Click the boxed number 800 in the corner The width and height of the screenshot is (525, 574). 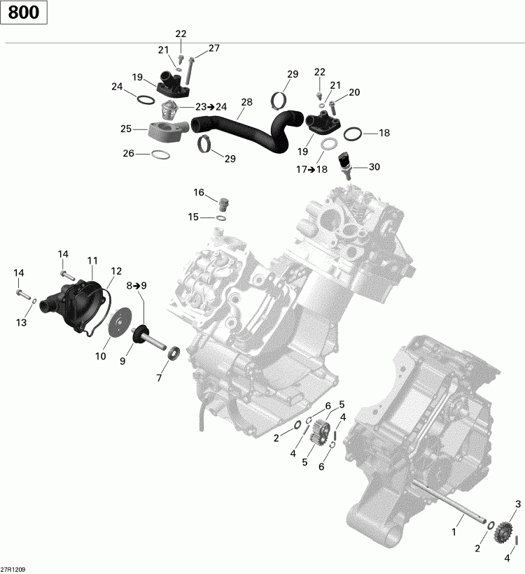point(24,13)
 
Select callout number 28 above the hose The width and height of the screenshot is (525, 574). point(246,103)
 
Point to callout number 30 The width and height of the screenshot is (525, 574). point(374,167)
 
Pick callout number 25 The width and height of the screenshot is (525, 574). point(126,129)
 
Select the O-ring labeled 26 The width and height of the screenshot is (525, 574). point(160,154)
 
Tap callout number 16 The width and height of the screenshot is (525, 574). point(199,192)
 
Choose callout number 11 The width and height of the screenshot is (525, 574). point(92,261)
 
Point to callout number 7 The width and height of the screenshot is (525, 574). point(159,378)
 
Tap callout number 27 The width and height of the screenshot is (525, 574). point(213,48)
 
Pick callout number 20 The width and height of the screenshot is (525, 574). point(354,92)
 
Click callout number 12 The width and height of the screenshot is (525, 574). point(115,271)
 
